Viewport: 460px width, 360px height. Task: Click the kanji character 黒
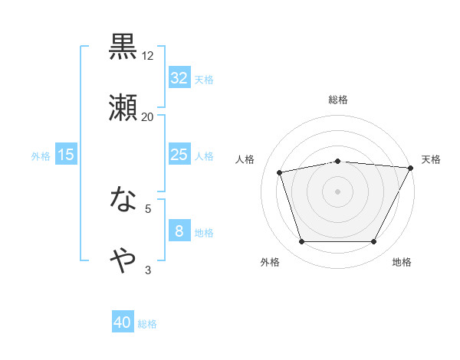[123, 47]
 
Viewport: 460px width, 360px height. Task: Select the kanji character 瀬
[123, 107]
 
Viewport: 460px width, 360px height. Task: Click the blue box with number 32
[179, 77]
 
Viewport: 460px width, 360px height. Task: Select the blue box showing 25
[179, 155]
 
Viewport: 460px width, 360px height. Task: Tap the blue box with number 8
[179, 231]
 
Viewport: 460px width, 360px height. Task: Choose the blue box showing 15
[66, 155]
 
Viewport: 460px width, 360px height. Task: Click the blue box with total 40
[123, 323]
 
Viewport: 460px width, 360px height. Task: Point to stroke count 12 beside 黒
[148, 56]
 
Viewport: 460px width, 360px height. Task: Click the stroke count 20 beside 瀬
[148, 116]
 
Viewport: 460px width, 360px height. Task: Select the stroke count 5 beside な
[148, 208]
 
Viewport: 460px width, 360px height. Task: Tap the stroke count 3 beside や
[148, 270]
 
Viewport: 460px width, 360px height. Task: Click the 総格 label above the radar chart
[338, 100]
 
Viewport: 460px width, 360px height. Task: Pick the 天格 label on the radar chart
[431, 159]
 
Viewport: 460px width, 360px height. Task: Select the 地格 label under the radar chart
[402, 262]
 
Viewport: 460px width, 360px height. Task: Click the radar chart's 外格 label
[270, 262]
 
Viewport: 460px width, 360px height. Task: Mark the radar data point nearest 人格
[280, 172]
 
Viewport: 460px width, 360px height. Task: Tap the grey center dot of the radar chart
[338, 191]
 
